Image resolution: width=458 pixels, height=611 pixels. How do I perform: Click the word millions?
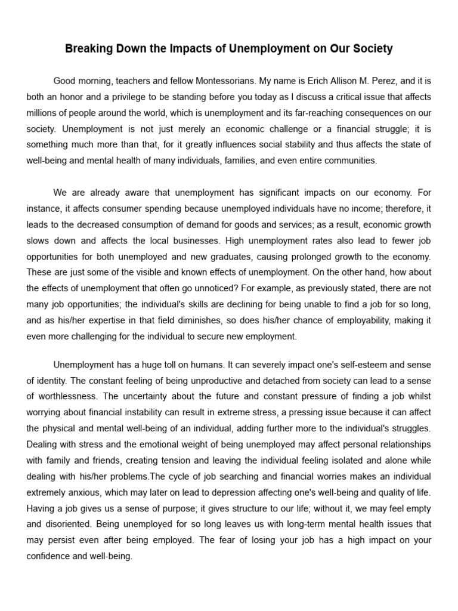tap(43, 112)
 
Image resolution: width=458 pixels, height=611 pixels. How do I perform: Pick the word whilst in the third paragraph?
tap(419, 396)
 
